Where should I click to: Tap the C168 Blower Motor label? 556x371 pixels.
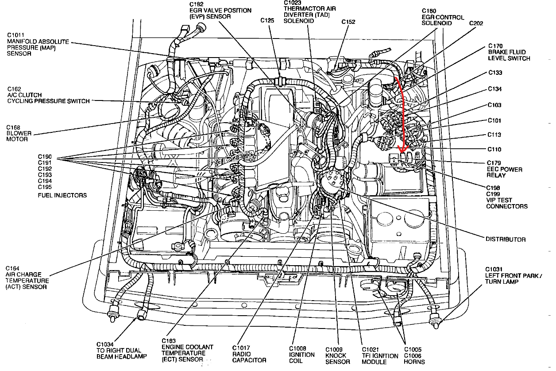(x=18, y=133)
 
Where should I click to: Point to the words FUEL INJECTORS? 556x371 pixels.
(x=62, y=195)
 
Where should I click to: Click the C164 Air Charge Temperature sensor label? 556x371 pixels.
(x=27, y=278)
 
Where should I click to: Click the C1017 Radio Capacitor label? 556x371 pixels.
(x=249, y=354)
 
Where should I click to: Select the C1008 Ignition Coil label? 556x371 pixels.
(x=302, y=355)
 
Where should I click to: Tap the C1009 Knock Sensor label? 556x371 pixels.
(x=338, y=356)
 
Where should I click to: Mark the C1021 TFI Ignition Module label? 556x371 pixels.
(x=380, y=356)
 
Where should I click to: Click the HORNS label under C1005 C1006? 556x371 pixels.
(x=414, y=362)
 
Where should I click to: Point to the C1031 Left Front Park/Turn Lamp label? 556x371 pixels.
(x=513, y=275)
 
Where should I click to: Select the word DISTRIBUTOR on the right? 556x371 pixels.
(x=506, y=239)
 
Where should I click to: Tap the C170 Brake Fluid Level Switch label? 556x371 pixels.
(x=509, y=52)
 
